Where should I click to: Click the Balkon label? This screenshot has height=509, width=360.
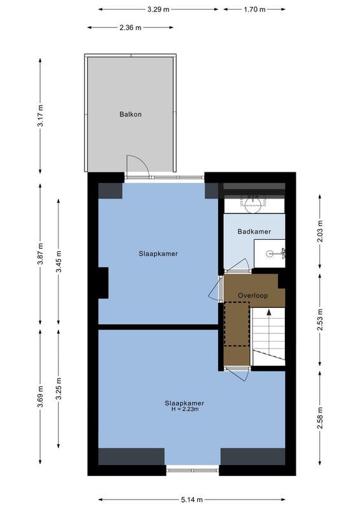[130, 115]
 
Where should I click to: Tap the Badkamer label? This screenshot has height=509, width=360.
[254, 232]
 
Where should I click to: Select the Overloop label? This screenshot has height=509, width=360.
[253, 296]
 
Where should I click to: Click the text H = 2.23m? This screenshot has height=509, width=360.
[184, 409]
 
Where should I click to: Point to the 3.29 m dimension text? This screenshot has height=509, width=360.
[158, 10]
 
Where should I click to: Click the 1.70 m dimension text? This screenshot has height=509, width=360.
[254, 10]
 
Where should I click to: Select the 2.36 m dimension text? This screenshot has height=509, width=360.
[130, 27]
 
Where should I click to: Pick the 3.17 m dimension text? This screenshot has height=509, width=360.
[41, 115]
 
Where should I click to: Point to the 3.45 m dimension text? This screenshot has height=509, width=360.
[59, 262]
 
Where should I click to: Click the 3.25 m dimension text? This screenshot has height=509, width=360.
[59, 389]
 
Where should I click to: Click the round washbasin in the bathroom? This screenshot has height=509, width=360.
[253, 204]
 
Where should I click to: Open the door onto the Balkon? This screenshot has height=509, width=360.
[137, 167]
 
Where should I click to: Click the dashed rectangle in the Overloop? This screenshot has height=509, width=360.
[236, 324]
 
